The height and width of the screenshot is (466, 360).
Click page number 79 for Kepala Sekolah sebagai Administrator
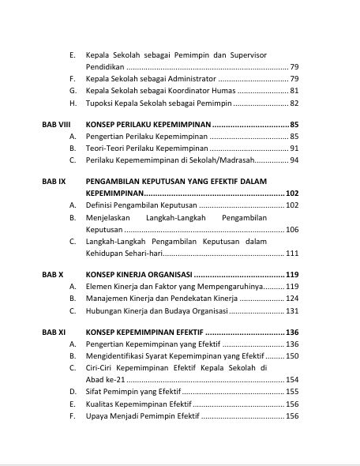point(294,79)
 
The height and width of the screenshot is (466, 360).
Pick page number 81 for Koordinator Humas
point(294,91)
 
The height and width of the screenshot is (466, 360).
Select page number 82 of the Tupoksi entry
point(294,103)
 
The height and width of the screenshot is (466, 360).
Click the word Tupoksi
point(100,103)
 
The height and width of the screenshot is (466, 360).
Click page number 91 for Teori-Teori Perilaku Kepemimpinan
point(294,148)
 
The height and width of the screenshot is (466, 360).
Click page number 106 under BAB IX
point(291,229)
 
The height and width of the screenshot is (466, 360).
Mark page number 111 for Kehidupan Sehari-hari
point(291,253)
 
